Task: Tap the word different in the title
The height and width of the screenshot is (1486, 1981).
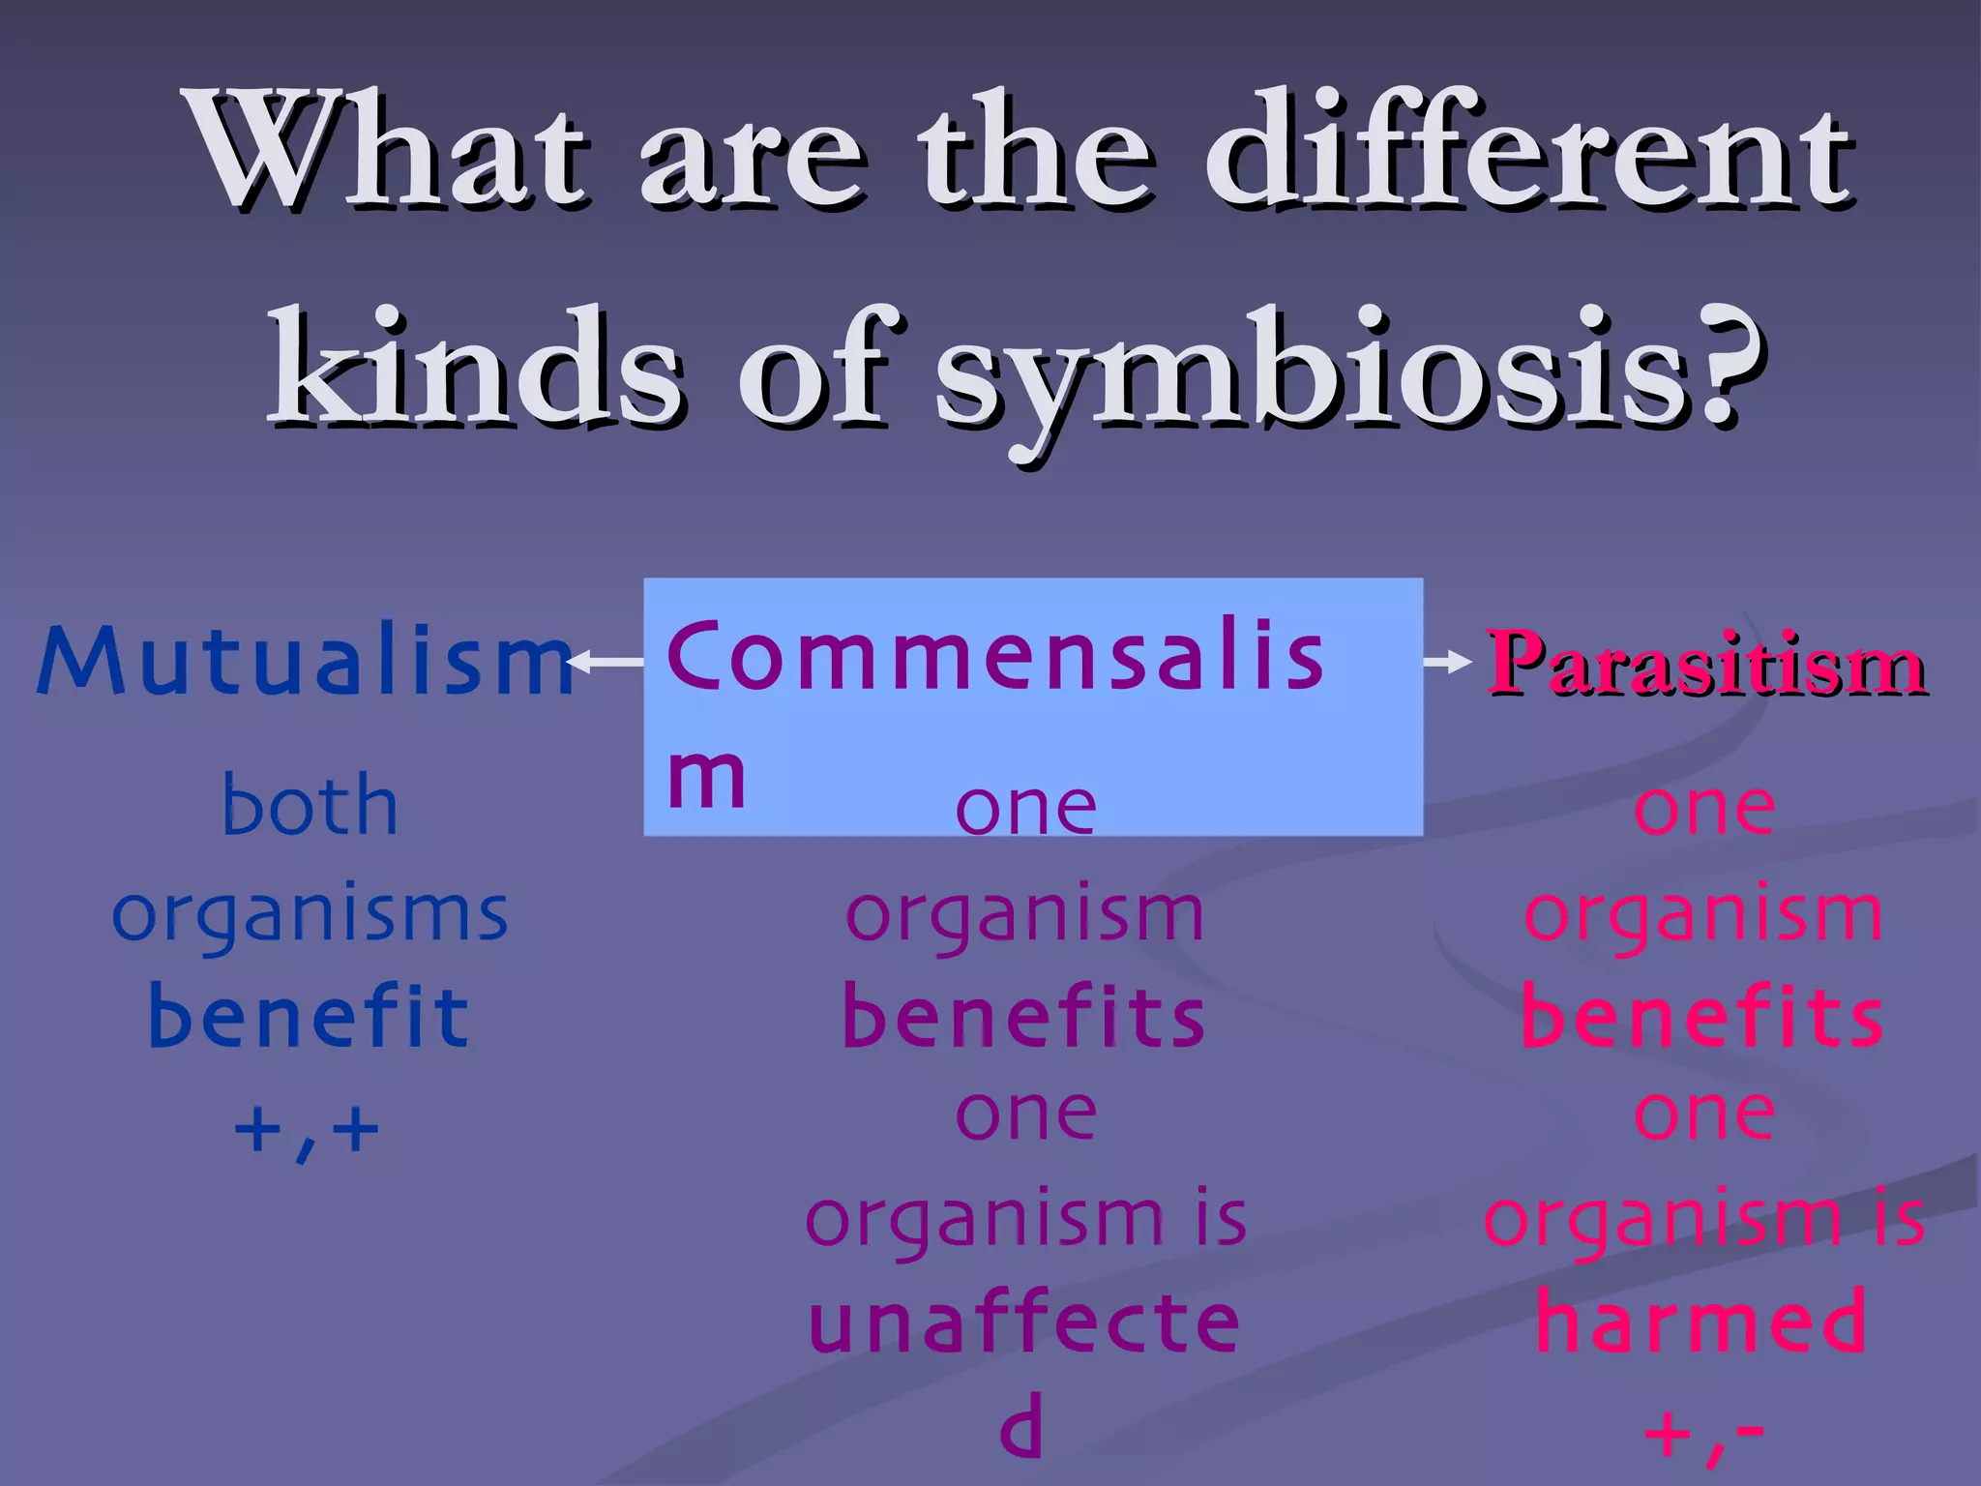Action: click(1528, 155)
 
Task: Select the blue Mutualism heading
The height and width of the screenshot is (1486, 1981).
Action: click(305, 663)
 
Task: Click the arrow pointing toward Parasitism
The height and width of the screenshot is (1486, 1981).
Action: click(1447, 663)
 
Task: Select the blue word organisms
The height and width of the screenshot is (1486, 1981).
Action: click(310, 914)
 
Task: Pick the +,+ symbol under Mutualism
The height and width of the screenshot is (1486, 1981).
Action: click(307, 1130)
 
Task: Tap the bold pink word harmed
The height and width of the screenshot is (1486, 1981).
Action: click(1702, 1323)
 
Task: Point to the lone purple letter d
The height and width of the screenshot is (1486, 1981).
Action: click(1021, 1430)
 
